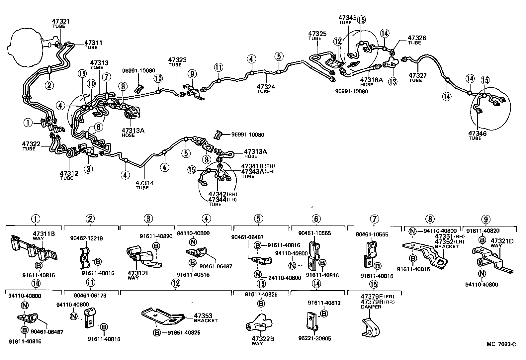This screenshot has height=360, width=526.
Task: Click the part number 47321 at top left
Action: pyautogui.click(x=61, y=21)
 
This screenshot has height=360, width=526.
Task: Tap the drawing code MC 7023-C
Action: pyautogui.click(x=501, y=344)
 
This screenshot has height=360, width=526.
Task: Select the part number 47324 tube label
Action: pyautogui.click(x=265, y=87)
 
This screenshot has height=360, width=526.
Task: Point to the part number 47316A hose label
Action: pyautogui.click(x=371, y=80)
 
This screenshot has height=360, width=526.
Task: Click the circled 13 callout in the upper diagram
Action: pyautogui.click(x=393, y=81)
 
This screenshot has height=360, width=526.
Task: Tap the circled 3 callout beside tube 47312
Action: pyautogui.click(x=88, y=169)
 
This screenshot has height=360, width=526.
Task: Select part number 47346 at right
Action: pyautogui.click(x=477, y=133)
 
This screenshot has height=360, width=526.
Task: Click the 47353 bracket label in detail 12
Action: pyautogui.click(x=203, y=316)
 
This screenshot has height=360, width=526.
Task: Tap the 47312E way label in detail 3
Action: pyautogui.click(x=138, y=273)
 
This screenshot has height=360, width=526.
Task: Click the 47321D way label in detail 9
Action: pyautogui.click(x=502, y=241)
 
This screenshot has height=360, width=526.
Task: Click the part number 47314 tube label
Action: pyautogui.click(x=144, y=183)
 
